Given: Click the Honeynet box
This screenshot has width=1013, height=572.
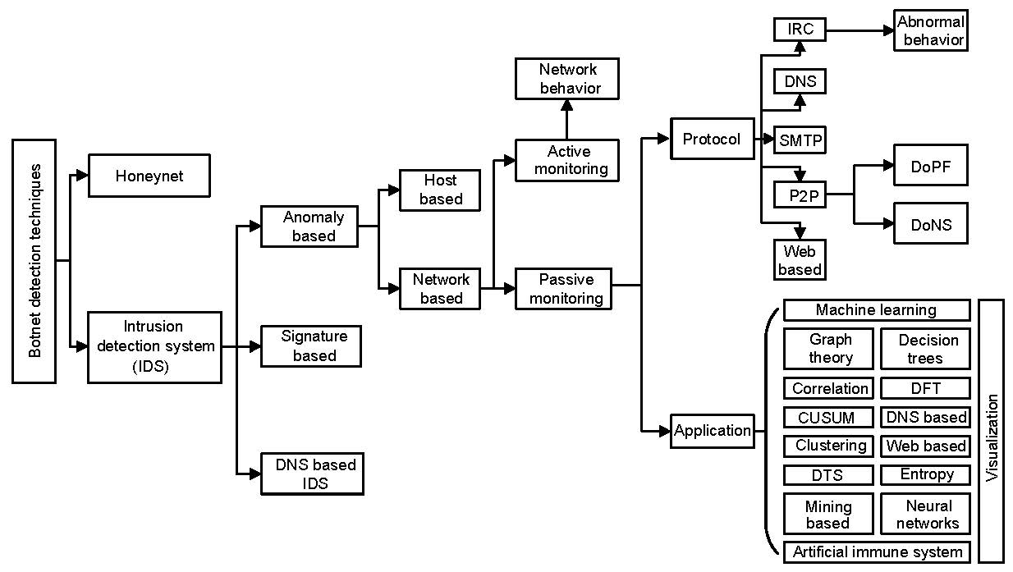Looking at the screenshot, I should point(149,176).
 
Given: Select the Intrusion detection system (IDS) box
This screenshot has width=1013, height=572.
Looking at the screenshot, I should point(154,347).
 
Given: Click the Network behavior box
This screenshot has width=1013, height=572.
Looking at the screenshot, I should point(566,79).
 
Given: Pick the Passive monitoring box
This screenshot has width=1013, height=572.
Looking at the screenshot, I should point(565,289).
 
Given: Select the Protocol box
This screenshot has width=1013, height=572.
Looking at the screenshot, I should point(711,140).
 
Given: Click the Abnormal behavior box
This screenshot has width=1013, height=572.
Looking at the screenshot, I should point(930,30).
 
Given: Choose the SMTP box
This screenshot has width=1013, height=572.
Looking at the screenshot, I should point(800,140).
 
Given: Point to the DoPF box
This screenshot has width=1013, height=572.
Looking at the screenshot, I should point(930,165).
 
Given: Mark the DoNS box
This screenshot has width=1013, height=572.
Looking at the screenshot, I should point(930,224).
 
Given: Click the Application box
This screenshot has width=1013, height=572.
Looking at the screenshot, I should point(713,431).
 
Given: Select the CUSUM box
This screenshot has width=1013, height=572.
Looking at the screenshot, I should point(826,418).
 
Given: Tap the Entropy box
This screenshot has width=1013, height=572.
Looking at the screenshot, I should point(926,474).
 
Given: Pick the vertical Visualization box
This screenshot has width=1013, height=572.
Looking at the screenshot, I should point(992,431).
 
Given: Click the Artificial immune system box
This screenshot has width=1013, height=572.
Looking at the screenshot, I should point(876,551).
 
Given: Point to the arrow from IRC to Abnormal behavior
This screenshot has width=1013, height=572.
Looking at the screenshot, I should point(859,30).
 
